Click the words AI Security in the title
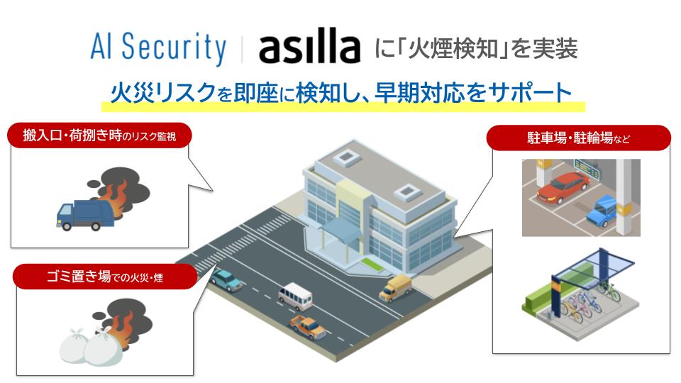click(x=157, y=48)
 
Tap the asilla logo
click(x=309, y=48)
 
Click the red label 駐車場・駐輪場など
click(x=578, y=138)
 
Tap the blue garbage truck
click(x=84, y=213)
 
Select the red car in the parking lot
click(x=563, y=186)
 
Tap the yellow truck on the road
click(x=395, y=287)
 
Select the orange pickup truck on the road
click(x=308, y=326)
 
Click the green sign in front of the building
click(x=370, y=265)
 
